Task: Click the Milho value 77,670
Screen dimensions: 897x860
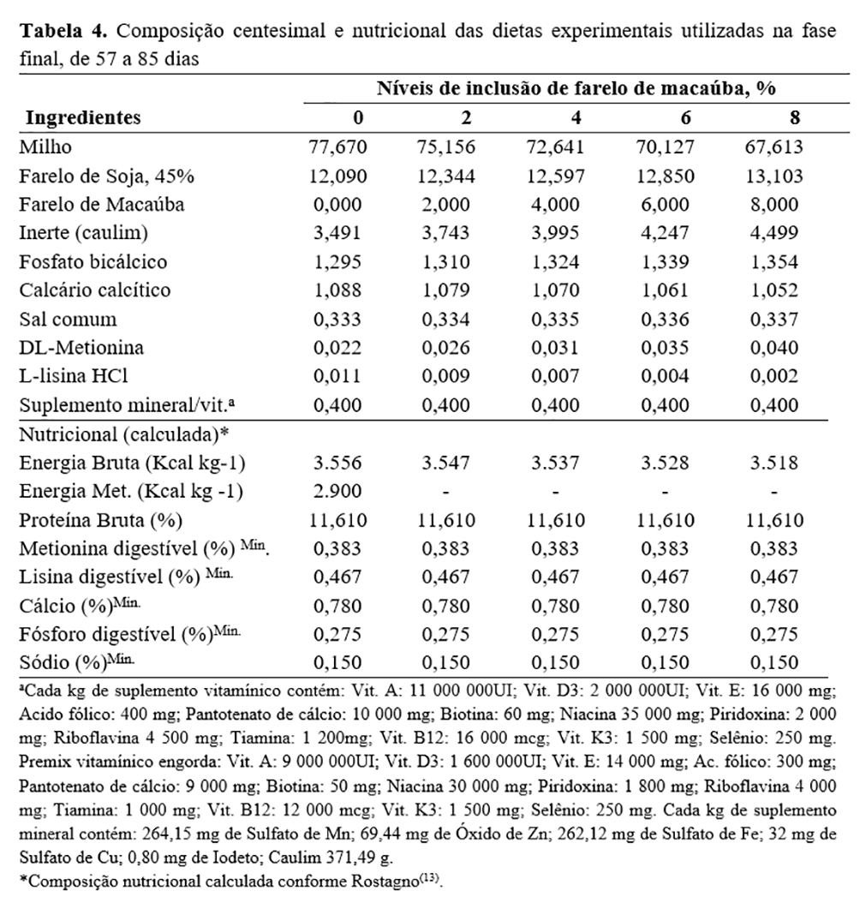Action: tap(337, 147)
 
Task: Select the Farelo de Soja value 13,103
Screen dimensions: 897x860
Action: tap(773, 176)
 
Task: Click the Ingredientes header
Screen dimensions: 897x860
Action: tap(83, 117)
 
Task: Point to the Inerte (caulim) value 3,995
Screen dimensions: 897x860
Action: tap(556, 233)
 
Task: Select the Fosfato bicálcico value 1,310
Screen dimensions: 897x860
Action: tap(446, 262)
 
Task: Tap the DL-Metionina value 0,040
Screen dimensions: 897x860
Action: tap(773, 348)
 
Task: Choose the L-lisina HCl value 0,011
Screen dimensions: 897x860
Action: tap(337, 377)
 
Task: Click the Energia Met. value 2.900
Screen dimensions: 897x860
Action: tap(337, 492)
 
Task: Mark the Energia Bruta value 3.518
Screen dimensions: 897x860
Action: tap(773, 463)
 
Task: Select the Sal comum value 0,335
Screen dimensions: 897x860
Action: tap(556, 320)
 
